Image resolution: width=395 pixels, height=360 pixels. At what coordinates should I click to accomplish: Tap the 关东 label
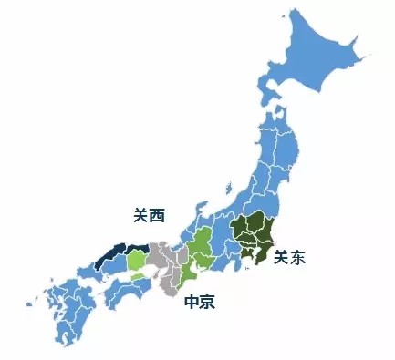click(x=291, y=257)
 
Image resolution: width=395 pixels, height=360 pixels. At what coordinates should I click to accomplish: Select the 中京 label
click(x=201, y=302)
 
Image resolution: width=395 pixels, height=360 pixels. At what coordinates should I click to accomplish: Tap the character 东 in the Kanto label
click(x=300, y=257)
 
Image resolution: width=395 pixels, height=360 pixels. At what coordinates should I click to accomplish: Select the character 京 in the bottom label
click(x=209, y=302)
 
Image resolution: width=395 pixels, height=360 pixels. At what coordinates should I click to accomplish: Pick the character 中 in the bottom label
click(x=192, y=302)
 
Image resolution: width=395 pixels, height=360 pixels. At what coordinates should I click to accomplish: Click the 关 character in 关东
click(x=282, y=257)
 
